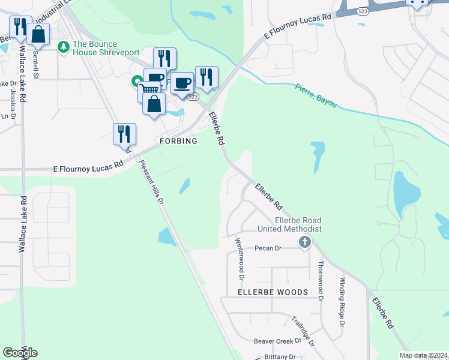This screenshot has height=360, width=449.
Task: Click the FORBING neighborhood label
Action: point(178,141)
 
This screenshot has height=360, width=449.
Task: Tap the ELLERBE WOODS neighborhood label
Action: point(273,292)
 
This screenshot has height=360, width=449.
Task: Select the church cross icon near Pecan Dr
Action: point(305,242)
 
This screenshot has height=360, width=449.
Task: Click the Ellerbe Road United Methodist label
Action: point(290,224)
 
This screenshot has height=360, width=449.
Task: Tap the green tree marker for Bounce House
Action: point(63,47)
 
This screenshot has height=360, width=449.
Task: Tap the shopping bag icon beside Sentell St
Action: point(38,35)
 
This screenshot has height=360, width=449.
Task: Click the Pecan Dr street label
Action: point(268,248)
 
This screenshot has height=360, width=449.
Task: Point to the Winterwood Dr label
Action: point(240,259)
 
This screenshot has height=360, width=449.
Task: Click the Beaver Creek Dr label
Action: point(277,341)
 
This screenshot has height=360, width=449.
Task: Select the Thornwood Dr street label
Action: point(321,281)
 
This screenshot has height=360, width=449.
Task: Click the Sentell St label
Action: point(35,65)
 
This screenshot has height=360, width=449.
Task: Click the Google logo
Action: point(20,352)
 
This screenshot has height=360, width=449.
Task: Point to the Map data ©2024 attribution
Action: point(423,355)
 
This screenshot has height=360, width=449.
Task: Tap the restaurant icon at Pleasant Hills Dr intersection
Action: point(124,134)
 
